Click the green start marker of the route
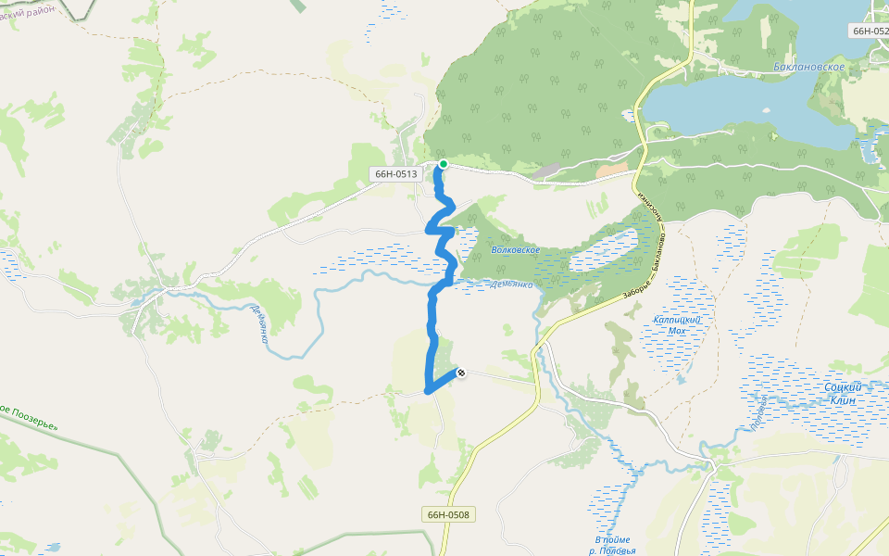pos(444,164)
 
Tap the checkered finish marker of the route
pos(460,373)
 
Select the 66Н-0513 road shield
pos(395,174)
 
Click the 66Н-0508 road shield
pos(448,514)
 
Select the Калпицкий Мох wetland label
pos(677,324)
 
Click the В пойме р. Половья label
pos(612,545)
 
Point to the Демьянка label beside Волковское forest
pos(513,284)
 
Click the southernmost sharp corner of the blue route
pos(427,391)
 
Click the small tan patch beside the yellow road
pos(611,170)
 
